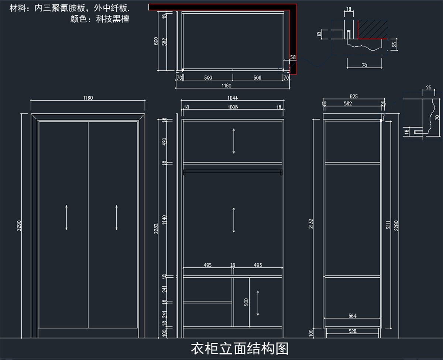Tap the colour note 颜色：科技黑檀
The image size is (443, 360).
tap(99, 19)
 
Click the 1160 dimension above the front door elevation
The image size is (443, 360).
tap(88, 98)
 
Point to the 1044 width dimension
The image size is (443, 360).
tap(233, 98)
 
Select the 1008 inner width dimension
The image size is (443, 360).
tap(233, 107)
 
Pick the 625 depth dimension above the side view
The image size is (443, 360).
tap(353, 97)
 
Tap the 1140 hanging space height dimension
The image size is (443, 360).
tap(165, 220)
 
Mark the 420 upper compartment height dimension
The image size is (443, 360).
tap(165, 141)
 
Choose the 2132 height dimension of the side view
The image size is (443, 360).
tap(311, 224)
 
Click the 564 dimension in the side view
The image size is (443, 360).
tap(353, 316)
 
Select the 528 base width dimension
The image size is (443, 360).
tap(353, 332)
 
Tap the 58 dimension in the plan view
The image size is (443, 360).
tap(293, 57)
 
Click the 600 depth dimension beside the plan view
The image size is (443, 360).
tap(156, 41)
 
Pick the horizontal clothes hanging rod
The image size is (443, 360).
tap(233, 172)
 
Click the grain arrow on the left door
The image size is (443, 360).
tap(66, 218)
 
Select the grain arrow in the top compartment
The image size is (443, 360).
tap(234, 141)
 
